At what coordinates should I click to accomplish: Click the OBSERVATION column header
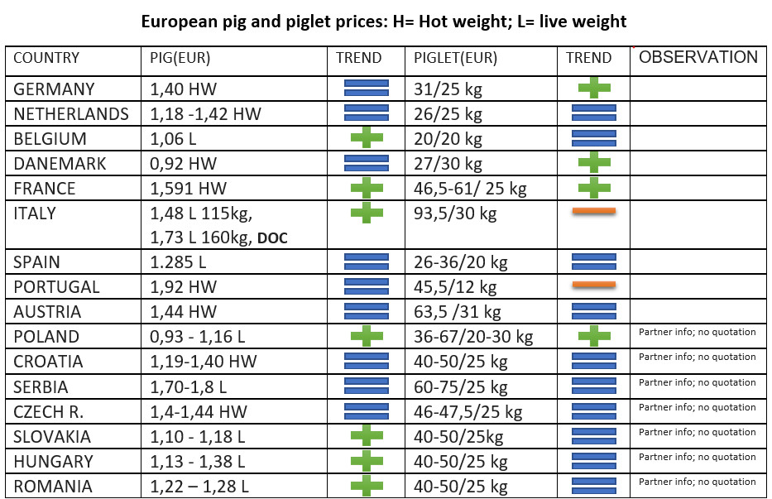click(698, 57)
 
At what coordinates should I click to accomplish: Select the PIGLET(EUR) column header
click(455, 58)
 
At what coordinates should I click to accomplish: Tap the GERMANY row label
click(54, 89)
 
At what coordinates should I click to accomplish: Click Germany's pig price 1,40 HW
click(183, 89)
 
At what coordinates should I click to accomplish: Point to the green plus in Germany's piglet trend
click(594, 89)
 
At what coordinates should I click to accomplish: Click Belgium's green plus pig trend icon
click(367, 137)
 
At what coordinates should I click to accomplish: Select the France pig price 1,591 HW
click(188, 188)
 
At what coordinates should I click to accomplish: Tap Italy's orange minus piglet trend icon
click(594, 211)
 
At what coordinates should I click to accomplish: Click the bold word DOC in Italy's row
click(272, 238)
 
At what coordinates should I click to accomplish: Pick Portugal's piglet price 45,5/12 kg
click(455, 286)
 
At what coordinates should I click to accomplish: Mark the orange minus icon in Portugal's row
click(594, 285)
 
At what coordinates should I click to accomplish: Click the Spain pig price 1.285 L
click(178, 262)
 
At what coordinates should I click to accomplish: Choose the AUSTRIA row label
click(47, 312)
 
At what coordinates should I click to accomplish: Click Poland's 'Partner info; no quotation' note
click(698, 332)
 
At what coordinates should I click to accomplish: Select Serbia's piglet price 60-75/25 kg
click(460, 387)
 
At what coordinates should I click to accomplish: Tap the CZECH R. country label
click(48, 412)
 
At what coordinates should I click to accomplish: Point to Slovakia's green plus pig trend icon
click(367, 435)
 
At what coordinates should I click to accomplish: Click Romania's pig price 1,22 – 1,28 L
click(199, 487)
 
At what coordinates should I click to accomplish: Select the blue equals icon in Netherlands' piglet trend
click(594, 113)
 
